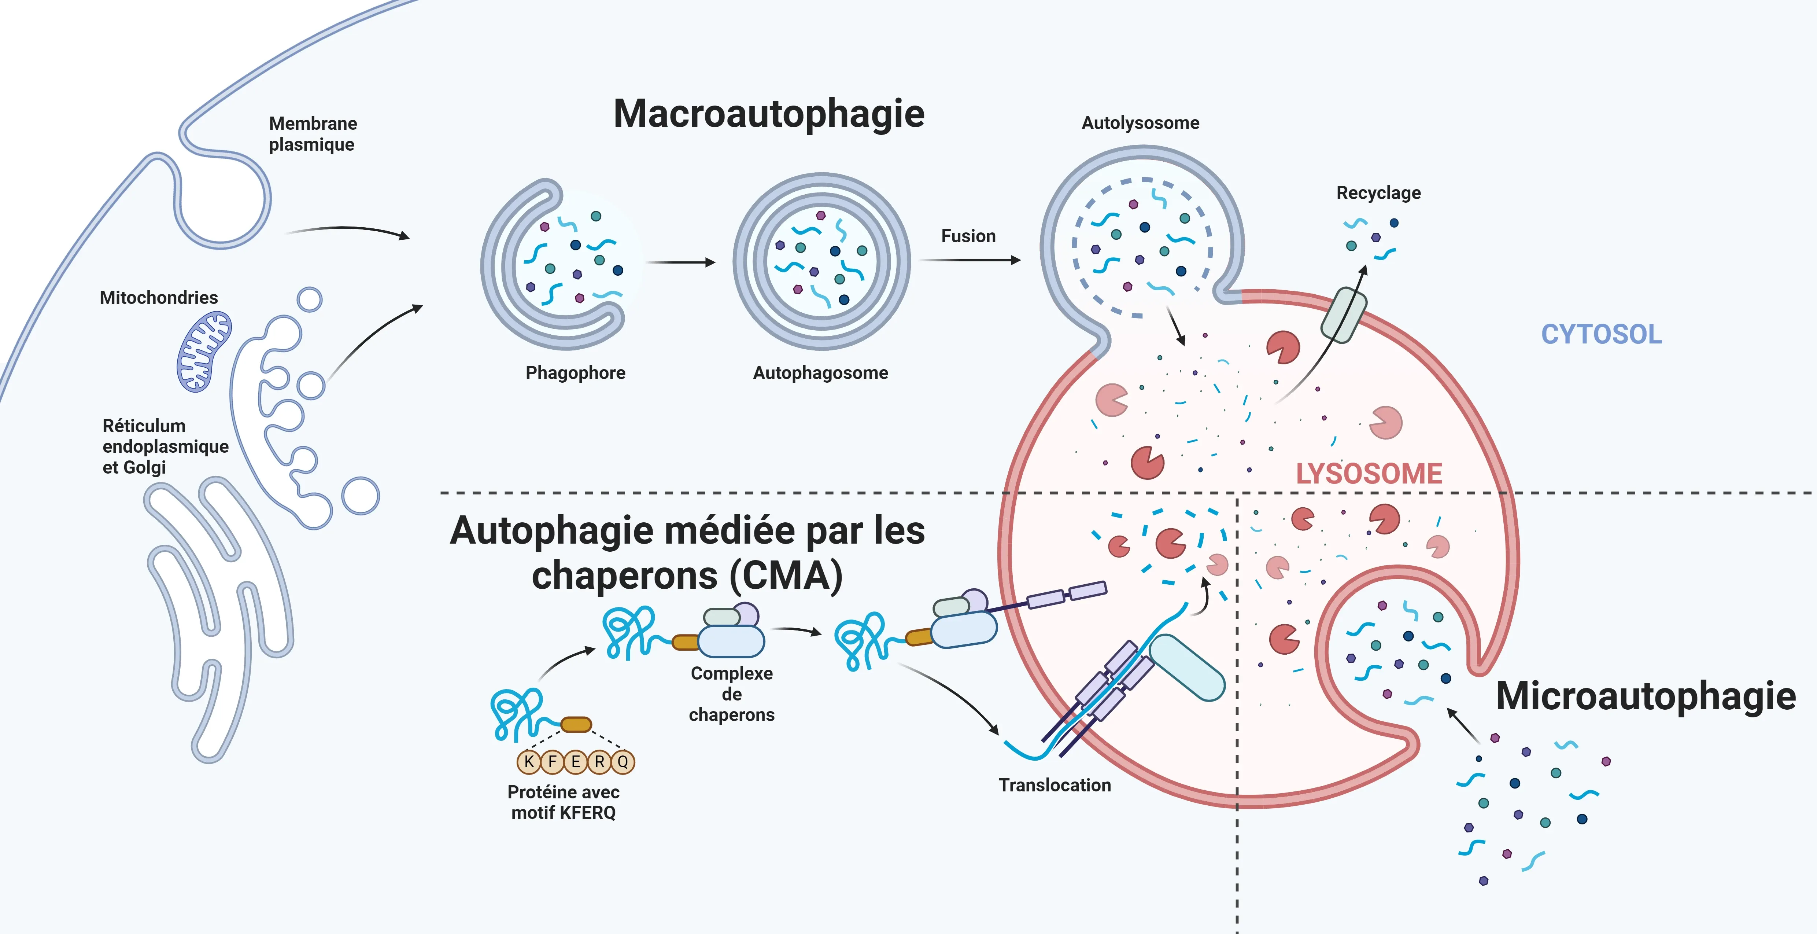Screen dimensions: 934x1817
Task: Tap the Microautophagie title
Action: [x=1646, y=696]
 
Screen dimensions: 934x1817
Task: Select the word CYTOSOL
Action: [x=1601, y=334]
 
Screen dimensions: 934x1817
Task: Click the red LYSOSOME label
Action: [x=1369, y=473]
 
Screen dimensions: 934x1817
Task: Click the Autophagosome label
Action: [x=820, y=372]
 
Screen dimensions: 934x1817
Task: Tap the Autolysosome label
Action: [x=1140, y=123]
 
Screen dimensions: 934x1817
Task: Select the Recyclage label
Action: [x=1378, y=192]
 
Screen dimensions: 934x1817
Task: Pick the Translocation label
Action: [x=1055, y=785]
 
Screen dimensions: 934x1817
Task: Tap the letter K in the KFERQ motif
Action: [x=528, y=762]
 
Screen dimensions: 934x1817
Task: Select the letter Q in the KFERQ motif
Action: [x=623, y=762]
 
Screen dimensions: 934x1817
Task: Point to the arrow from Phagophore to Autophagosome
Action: [x=681, y=262]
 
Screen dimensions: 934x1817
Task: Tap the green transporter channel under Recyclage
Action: [x=1343, y=315]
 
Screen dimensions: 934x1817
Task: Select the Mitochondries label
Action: [x=159, y=298]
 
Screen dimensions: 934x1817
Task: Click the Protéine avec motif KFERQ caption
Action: [x=563, y=802]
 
